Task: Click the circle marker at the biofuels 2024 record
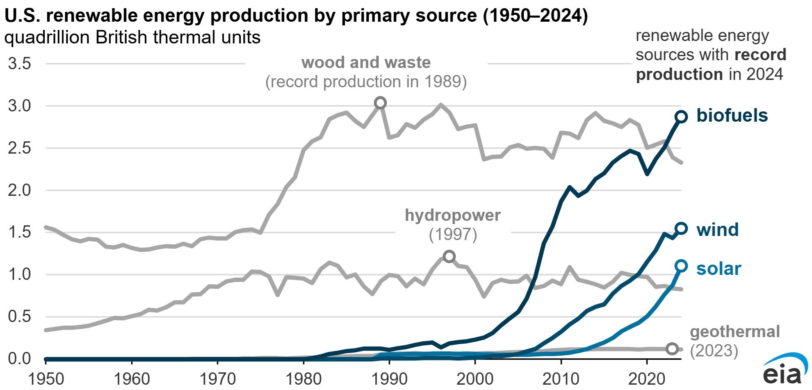point(681,117)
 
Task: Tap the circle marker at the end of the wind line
point(681,229)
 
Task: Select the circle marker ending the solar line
point(681,266)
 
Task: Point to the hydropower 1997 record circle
point(449,256)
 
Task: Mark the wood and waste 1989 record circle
point(381,103)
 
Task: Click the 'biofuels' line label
point(732,116)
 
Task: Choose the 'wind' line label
point(717,229)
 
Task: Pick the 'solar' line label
point(718,269)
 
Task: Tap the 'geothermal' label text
point(735,331)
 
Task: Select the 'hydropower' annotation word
point(453,215)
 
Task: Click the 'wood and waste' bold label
point(366,63)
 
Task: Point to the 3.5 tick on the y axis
point(19,64)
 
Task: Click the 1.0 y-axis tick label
point(19,274)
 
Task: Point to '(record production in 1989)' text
point(366,82)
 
